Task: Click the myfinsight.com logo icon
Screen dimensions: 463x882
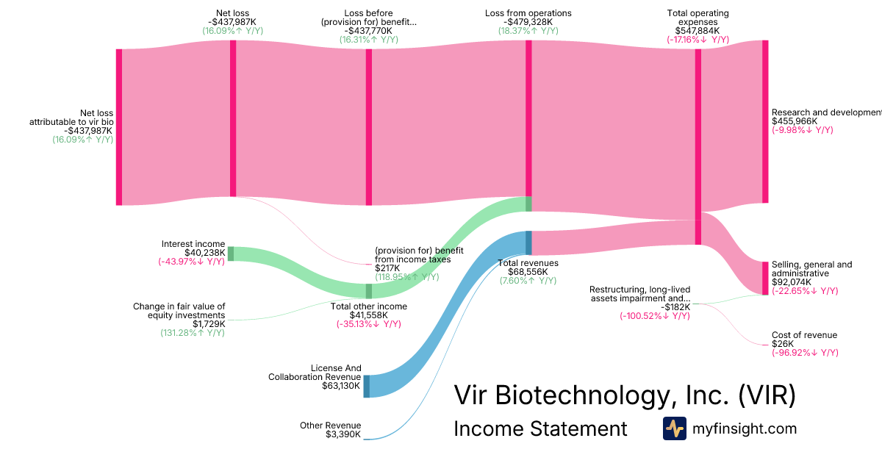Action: pyautogui.click(x=674, y=428)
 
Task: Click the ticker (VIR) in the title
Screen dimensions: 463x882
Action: pyautogui.click(x=767, y=395)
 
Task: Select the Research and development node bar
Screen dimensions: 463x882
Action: pyautogui.click(x=765, y=121)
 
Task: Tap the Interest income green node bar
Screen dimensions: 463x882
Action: pyautogui.click(x=230, y=254)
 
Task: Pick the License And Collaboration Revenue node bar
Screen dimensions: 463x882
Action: pyautogui.click(x=367, y=386)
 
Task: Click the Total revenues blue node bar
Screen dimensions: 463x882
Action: pyautogui.click(x=528, y=243)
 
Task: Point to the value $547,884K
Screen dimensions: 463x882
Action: pyautogui.click(x=698, y=32)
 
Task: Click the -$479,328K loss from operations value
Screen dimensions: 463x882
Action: pyautogui.click(x=528, y=22)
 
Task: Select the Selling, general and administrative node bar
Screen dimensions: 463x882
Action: pyautogui.click(x=765, y=278)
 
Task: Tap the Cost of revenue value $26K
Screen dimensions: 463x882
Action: pyautogui.click(x=782, y=344)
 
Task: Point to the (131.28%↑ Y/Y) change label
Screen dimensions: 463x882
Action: pyautogui.click(x=193, y=333)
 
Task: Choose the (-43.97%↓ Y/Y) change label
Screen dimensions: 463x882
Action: pyautogui.click(x=191, y=262)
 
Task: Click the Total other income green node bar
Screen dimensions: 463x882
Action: pyautogui.click(x=369, y=291)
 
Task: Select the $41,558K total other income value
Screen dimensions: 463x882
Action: pyautogui.click(x=369, y=315)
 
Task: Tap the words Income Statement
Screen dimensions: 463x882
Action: pyautogui.click(x=540, y=428)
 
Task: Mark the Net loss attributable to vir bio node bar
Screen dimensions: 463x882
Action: pyautogui.click(x=119, y=126)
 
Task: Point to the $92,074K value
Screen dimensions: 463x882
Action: pyautogui.click(x=791, y=282)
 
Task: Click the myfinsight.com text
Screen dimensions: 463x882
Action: pyautogui.click(x=745, y=428)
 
